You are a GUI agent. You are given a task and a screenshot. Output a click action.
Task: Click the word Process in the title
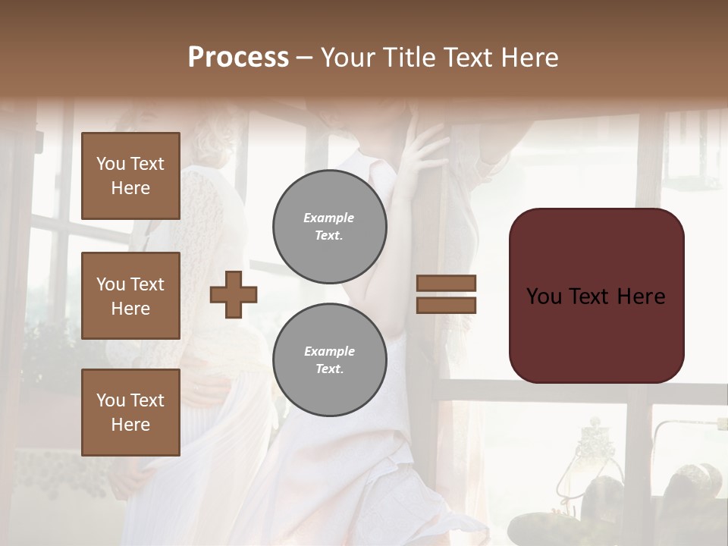tap(238, 58)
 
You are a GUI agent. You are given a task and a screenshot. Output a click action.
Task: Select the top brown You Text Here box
tap(130, 176)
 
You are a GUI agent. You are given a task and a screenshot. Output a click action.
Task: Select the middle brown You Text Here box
tap(130, 296)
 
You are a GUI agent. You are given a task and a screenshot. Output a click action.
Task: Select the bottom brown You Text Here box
tap(130, 413)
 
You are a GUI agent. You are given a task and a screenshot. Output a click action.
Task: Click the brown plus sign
tap(234, 294)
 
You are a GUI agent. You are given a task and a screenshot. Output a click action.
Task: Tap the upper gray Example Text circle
tap(330, 227)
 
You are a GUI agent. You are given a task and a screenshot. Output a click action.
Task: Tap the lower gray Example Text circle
tap(330, 360)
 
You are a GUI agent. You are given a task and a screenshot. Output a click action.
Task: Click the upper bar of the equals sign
tap(446, 283)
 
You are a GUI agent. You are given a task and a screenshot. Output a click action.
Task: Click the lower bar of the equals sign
tap(446, 305)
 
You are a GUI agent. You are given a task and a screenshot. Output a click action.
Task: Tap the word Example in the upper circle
tap(328, 218)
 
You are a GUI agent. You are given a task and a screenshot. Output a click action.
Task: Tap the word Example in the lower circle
tap(329, 351)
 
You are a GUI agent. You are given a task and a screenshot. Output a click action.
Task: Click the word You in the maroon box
tap(544, 297)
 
